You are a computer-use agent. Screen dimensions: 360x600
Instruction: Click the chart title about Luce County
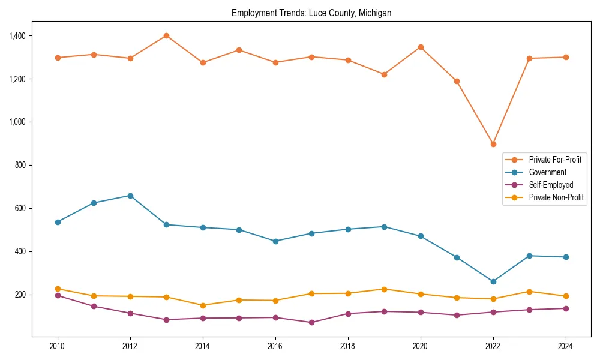pyautogui.click(x=311, y=13)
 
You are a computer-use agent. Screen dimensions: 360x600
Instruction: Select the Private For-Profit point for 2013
pyautogui.click(x=166, y=35)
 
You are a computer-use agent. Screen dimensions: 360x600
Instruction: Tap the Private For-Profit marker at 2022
pyautogui.click(x=493, y=144)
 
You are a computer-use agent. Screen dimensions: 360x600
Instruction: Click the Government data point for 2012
pyautogui.click(x=130, y=196)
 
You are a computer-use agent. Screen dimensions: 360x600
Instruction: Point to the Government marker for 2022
pyautogui.click(x=493, y=281)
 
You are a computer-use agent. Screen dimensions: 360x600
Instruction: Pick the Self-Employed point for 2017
pyautogui.click(x=311, y=322)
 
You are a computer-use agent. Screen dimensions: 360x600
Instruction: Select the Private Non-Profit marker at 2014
pyautogui.click(x=203, y=305)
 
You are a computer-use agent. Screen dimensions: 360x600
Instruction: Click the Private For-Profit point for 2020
pyautogui.click(x=421, y=47)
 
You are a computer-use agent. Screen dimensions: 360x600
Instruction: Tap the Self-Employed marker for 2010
pyautogui.click(x=58, y=295)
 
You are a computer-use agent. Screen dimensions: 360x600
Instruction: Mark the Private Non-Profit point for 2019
pyautogui.click(x=384, y=289)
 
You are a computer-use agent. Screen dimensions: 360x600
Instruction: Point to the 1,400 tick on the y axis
pyautogui.click(x=17, y=36)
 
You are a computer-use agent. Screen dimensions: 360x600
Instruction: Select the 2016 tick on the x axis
pyautogui.click(x=275, y=346)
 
